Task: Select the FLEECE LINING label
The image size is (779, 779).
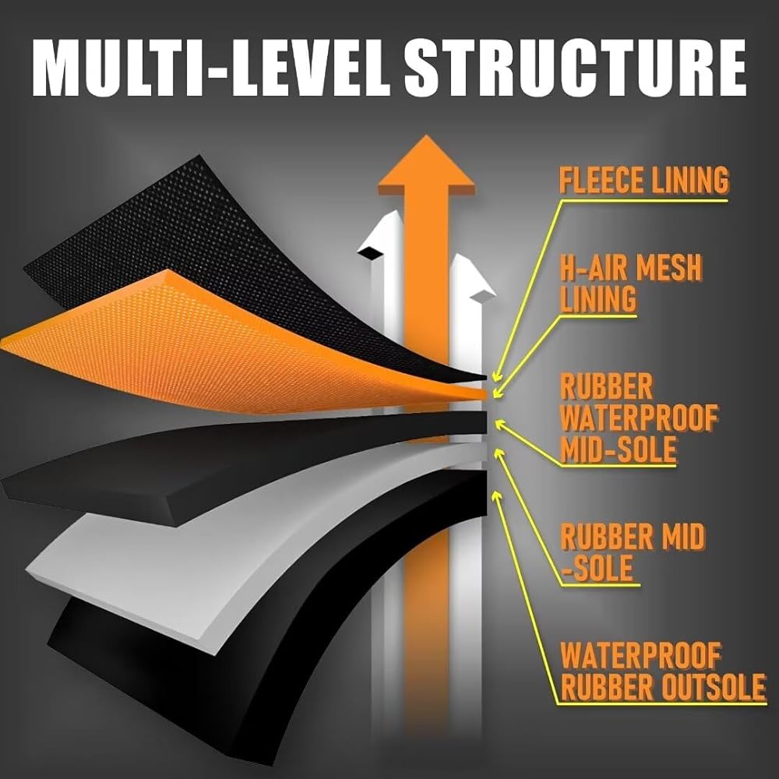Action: tap(643, 181)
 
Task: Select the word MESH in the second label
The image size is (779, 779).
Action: tap(662, 270)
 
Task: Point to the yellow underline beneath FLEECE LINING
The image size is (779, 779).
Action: tap(643, 199)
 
